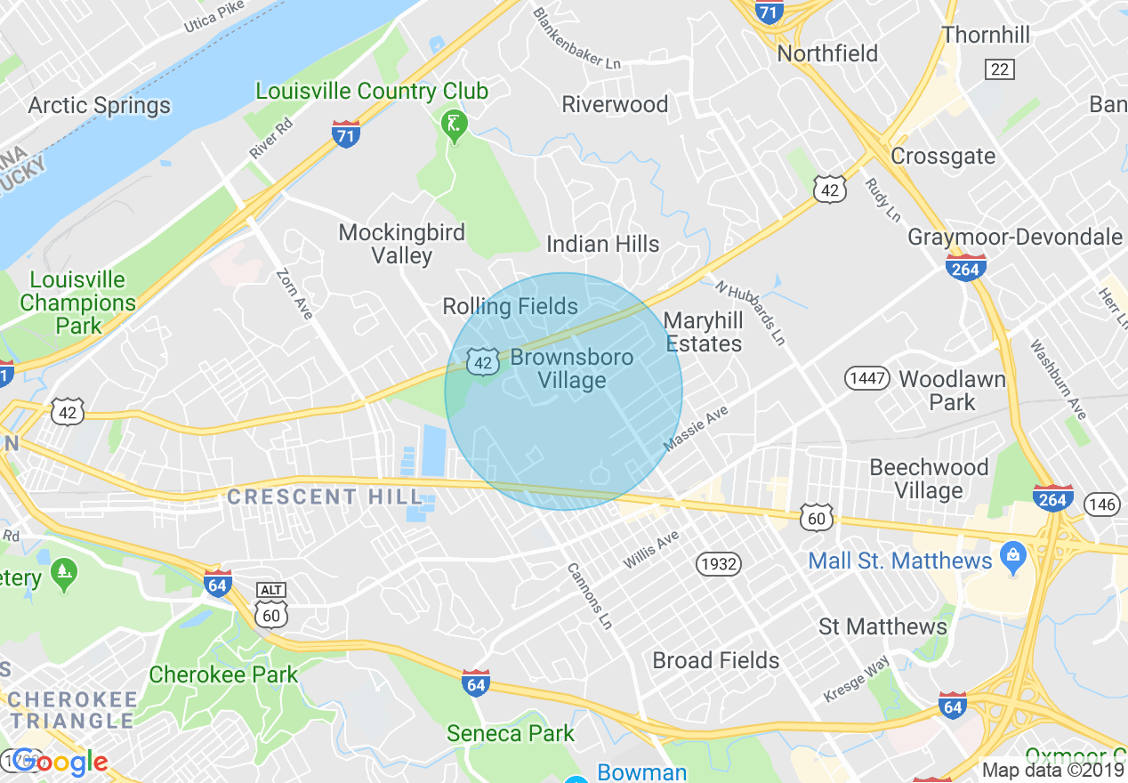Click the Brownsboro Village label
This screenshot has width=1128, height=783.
pyautogui.click(x=571, y=369)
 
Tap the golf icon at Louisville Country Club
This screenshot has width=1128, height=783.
pyautogui.click(x=454, y=125)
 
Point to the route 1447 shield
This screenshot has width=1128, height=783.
pyautogui.click(x=866, y=378)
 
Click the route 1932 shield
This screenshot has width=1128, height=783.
pyautogui.click(x=717, y=563)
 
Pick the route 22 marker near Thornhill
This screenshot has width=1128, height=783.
pyautogui.click(x=1000, y=69)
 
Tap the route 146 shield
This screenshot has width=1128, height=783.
pyautogui.click(x=1102, y=505)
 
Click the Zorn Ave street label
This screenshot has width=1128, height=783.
pyautogui.click(x=294, y=295)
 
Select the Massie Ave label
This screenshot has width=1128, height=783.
pyautogui.click(x=697, y=429)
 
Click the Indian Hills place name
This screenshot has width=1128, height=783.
pyautogui.click(x=603, y=244)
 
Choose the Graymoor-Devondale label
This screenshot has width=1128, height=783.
pyautogui.click(x=1014, y=238)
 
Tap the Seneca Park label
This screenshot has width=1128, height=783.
pyautogui.click(x=511, y=733)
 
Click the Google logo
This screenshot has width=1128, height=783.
pyautogui.click(x=60, y=763)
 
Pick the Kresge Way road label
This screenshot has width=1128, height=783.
pyautogui.click(x=856, y=682)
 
